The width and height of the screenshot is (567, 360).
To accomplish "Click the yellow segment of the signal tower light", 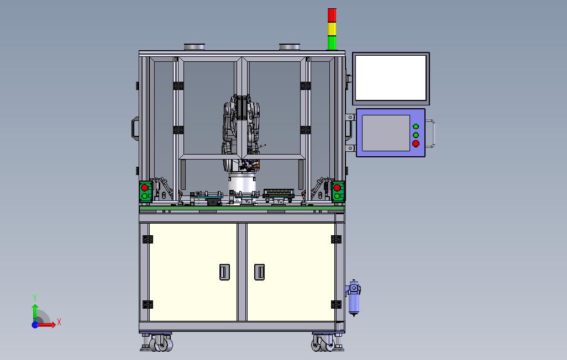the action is (x=332, y=29).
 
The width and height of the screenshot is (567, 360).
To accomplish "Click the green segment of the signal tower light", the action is (x=332, y=43).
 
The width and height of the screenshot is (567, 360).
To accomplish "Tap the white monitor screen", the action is (x=391, y=78).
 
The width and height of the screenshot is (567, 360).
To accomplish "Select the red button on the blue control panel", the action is (x=416, y=144).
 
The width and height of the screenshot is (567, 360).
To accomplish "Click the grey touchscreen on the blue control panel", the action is (x=386, y=133).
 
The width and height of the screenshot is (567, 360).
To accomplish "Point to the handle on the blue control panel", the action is (x=431, y=134).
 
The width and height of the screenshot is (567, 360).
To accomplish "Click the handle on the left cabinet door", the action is (x=224, y=272).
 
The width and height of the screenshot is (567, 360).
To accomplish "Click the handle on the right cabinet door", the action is (x=259, y=272).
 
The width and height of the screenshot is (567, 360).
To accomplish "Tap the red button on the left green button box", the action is (x=145, y=188).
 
